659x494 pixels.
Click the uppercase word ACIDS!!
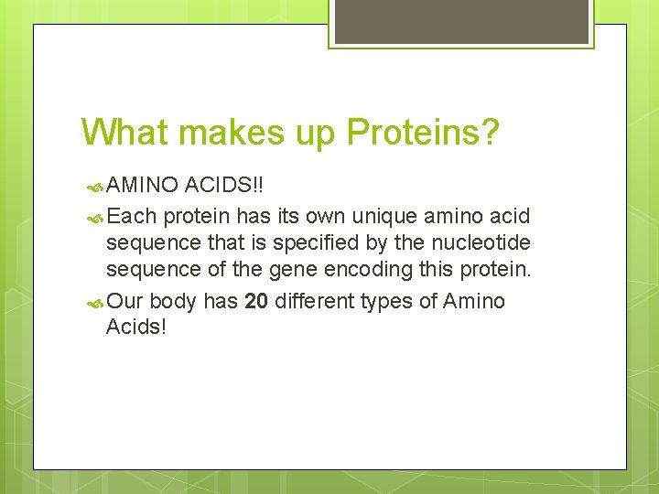click(x=223, y=186)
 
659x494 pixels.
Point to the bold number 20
click(x=256, y=302)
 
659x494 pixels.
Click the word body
click(x=173, y=302)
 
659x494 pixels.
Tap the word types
click(x=389, y=302)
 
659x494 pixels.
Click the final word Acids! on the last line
click(x=136, y=328)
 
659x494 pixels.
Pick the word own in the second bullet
click(x=299, y=217)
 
